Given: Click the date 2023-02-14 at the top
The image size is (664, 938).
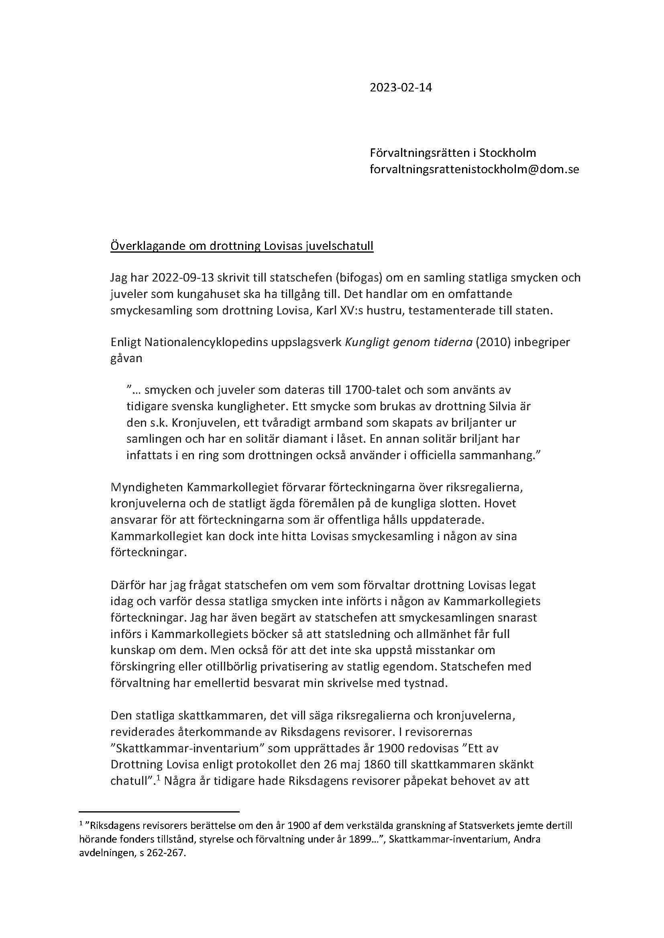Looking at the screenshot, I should pos(401,87).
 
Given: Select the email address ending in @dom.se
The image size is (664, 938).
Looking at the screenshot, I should pos(474,169).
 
